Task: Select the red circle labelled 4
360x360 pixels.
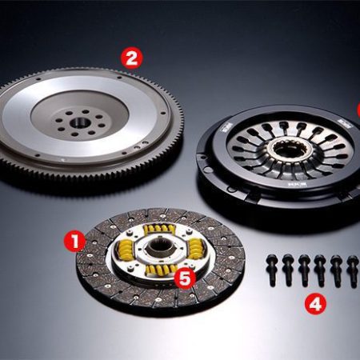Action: coord(316,304)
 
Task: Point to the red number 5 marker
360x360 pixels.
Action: coord(186,278)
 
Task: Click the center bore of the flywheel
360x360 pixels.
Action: coord(81,122)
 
